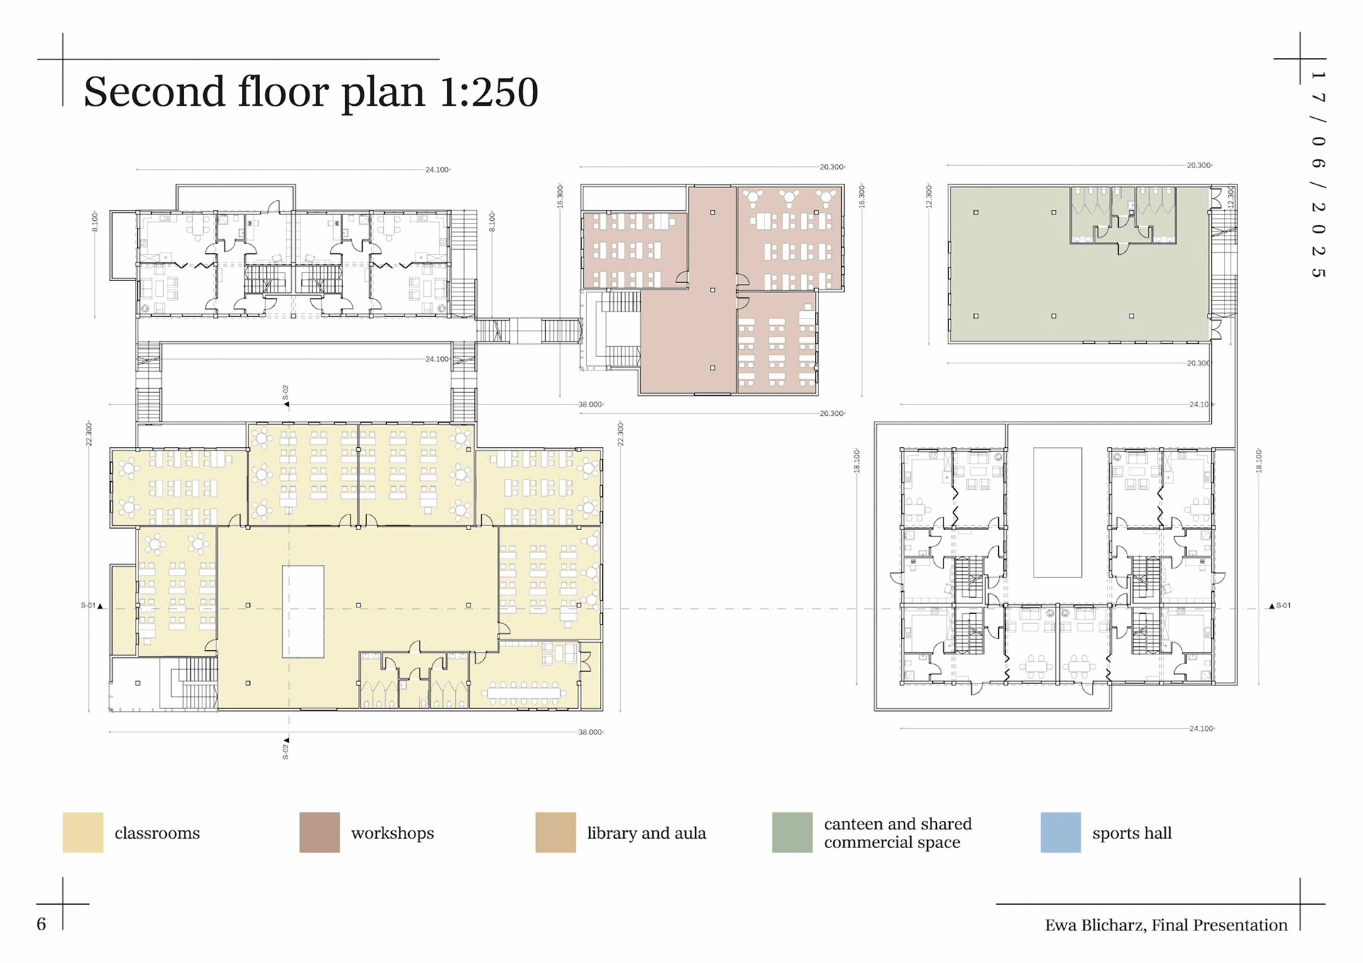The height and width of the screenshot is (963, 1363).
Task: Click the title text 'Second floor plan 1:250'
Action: pyautogui.click(x=311, y=92)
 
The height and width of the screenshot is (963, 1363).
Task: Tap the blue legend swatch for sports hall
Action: pyautogui.click(x=1061, y=832)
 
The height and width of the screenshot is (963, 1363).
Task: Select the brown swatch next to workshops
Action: pyautogui.click(x=319, y=832)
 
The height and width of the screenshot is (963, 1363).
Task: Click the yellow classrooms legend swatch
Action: pyautogui.click(x=83, y=832)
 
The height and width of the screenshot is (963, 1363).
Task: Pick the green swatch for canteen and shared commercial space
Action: pyautogui.click(x=792, y=832)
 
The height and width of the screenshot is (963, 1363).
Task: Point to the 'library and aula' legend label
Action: pyautogui.click(x=647, y=833)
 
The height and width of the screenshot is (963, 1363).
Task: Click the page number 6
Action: pyautogui.click(x=41, y=924)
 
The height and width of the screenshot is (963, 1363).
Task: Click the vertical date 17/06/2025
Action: pyautogui.click(x=1318, y=175)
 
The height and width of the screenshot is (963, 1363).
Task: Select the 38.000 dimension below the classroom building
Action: pyautogui.click(x=591, y=732)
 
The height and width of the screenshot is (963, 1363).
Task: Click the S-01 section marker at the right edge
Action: pyautogui.click(x=1280, y=606)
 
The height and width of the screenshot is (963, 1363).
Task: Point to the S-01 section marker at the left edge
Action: pyautogui.click(x=92, y=606)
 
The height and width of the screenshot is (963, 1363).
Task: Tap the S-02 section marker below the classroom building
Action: pyautogui.click(x=286, y=749)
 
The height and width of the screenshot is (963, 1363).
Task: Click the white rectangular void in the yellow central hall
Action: pyautogui.click(x=303, y=612)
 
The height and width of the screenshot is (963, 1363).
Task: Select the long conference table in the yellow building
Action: pyautogui.click(x=524, y=693)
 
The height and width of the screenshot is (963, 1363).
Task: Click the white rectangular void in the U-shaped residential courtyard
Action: pyautogui.click(x=1058, y=512)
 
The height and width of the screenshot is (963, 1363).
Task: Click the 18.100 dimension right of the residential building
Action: pyautogui.click(x=1259, y=461)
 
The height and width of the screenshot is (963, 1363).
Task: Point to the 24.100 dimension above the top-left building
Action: pyautogui.click(x=438, y=170)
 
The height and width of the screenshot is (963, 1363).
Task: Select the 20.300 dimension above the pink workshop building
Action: pyautogui.click(x=832, y=167)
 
